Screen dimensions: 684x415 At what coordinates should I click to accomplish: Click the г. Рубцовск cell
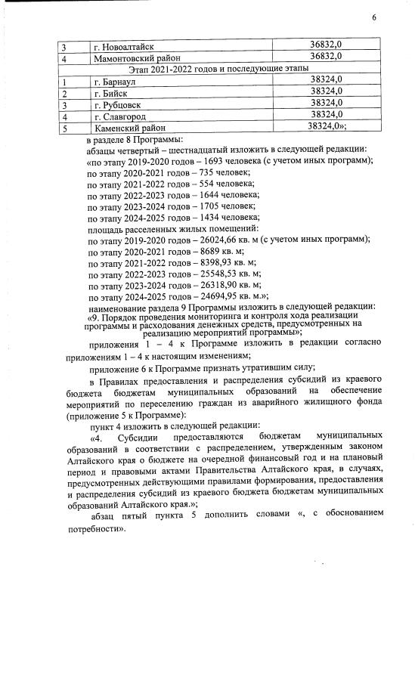tap(118, 104)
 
